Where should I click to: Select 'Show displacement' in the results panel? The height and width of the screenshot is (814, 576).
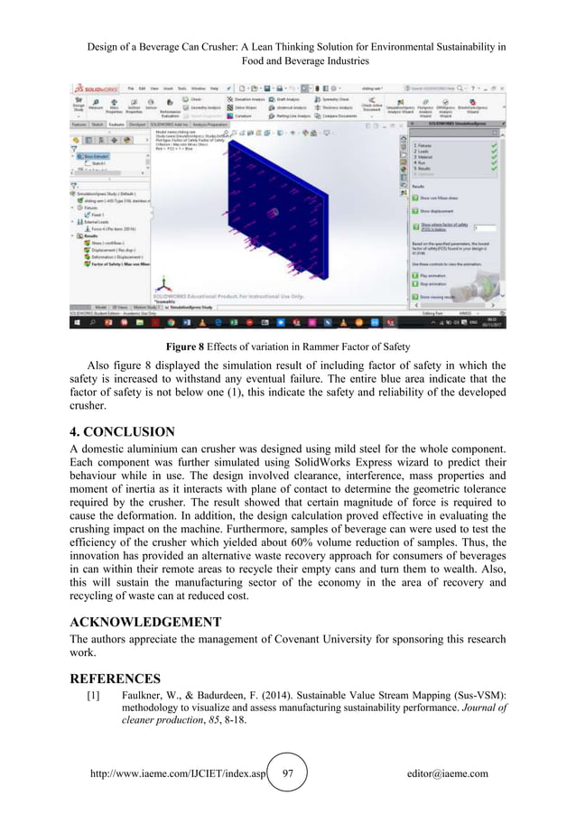pyautogui.click(x=432, y=209)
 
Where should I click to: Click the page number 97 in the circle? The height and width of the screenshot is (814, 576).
pyautogui.click(x=289, y=773)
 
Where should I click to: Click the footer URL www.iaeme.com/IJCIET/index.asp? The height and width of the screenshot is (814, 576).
pyautogui.click(x=176, y=773)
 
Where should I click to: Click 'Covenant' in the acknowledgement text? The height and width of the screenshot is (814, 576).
pyautogui.click(x=300, y=641)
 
